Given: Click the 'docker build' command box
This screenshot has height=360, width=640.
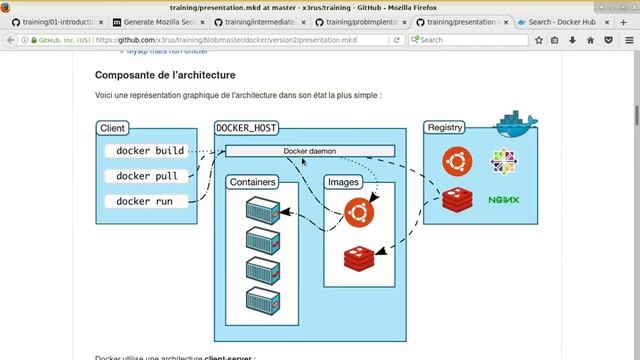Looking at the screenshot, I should [150, 151].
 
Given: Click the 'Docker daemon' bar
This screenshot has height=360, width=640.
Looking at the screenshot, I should [310, 151].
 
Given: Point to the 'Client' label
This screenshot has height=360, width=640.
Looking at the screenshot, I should [112, 128].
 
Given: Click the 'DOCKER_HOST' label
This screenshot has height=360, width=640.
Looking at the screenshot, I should [247, 128].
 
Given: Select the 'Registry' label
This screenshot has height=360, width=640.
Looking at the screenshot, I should [444, 128].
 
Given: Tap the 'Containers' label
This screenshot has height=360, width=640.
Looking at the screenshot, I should [252, 183].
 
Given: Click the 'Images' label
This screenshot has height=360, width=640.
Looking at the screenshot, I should [343, 183].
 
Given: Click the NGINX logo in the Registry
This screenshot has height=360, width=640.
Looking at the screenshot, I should [504, 200].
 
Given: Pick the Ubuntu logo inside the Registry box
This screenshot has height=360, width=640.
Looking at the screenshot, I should [458, 160].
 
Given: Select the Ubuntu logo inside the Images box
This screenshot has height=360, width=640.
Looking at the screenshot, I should [358, 211].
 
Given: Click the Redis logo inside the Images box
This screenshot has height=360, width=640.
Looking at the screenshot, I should [358, 258].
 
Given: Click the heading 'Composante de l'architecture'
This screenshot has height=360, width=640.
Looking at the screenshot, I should [165, 75].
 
